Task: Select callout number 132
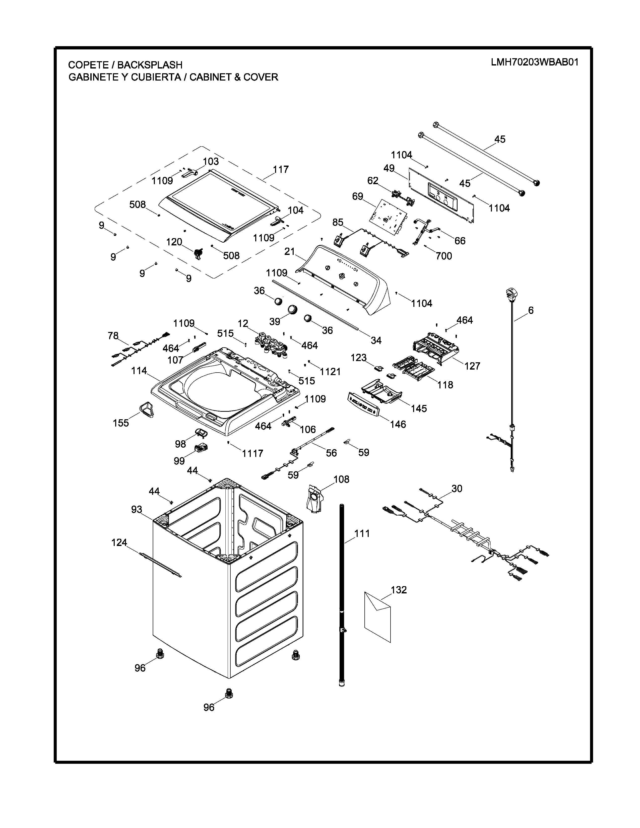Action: pyautogui.click(x=399, y=590)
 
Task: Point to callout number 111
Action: pyautogui.click(x=362, y=533)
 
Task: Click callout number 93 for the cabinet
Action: pyautogui.click(x=137, y=510)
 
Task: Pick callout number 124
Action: pyautogui.click(x=119, y=542)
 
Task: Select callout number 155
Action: pyautogui.click(x=121, y=423)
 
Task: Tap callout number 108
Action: pyautogui.click(x=341, y=479)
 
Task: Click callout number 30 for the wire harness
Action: pyautogui.click(x=457, y=489)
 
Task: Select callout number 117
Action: pyautogui.click(x=281, y=169)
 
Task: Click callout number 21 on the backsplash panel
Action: pyautogui.click(x=290, y=251)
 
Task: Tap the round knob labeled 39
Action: pyautogui.click(x=293, y=309)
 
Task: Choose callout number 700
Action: pyautogui.click(x=443, y=256)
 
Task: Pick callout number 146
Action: pyautogui.click(x=398, y=424)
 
